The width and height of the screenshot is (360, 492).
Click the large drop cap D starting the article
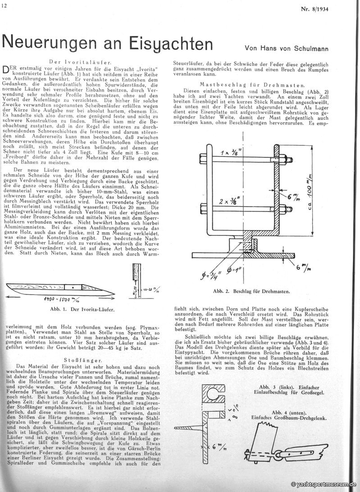click(x=6, y=70)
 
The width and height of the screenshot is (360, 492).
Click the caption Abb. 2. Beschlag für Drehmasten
click(x=264, y=292)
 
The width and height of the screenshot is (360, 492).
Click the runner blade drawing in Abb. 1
click(x=54, y=287)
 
